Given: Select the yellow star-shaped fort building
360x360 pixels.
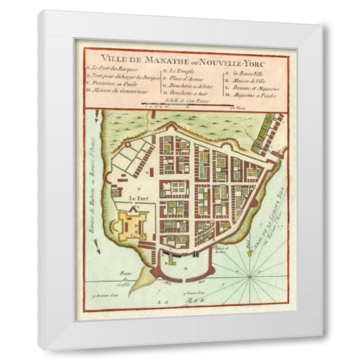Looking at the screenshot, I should [136, 223].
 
